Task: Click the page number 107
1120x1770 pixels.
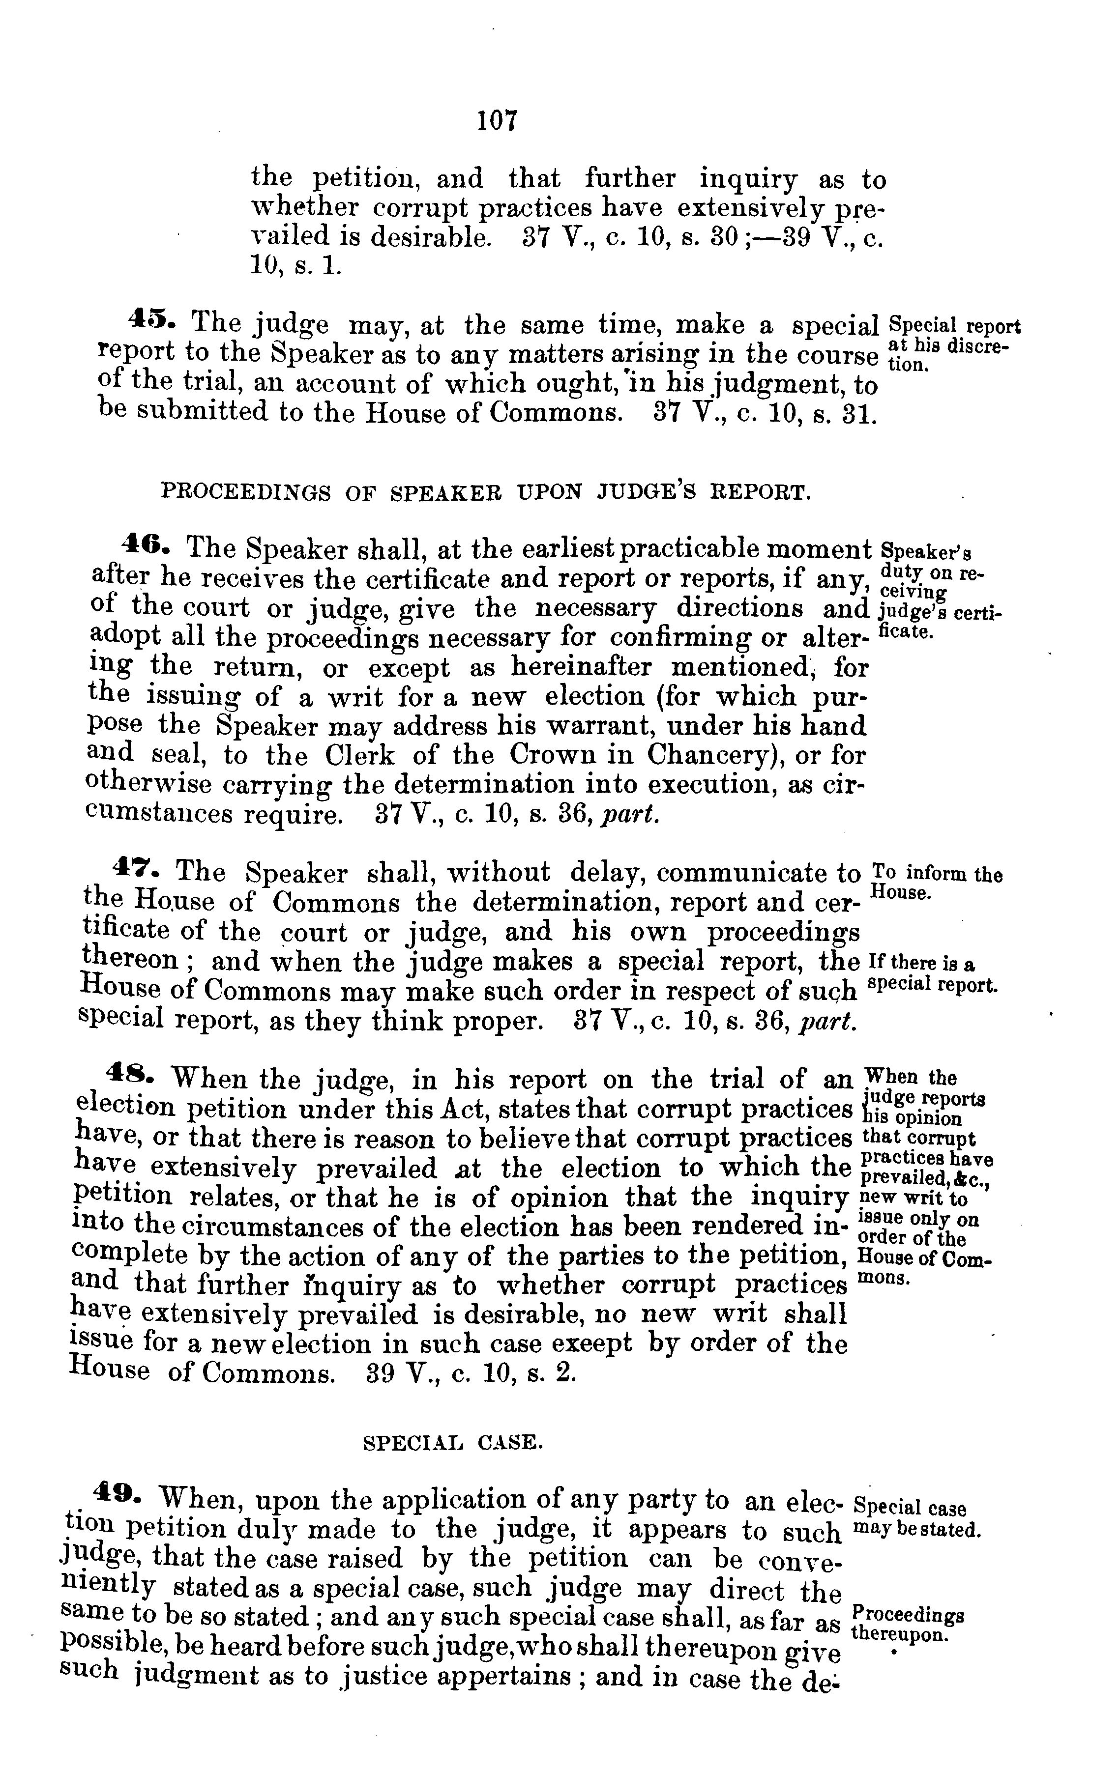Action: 497,120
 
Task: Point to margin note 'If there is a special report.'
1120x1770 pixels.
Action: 933,973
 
